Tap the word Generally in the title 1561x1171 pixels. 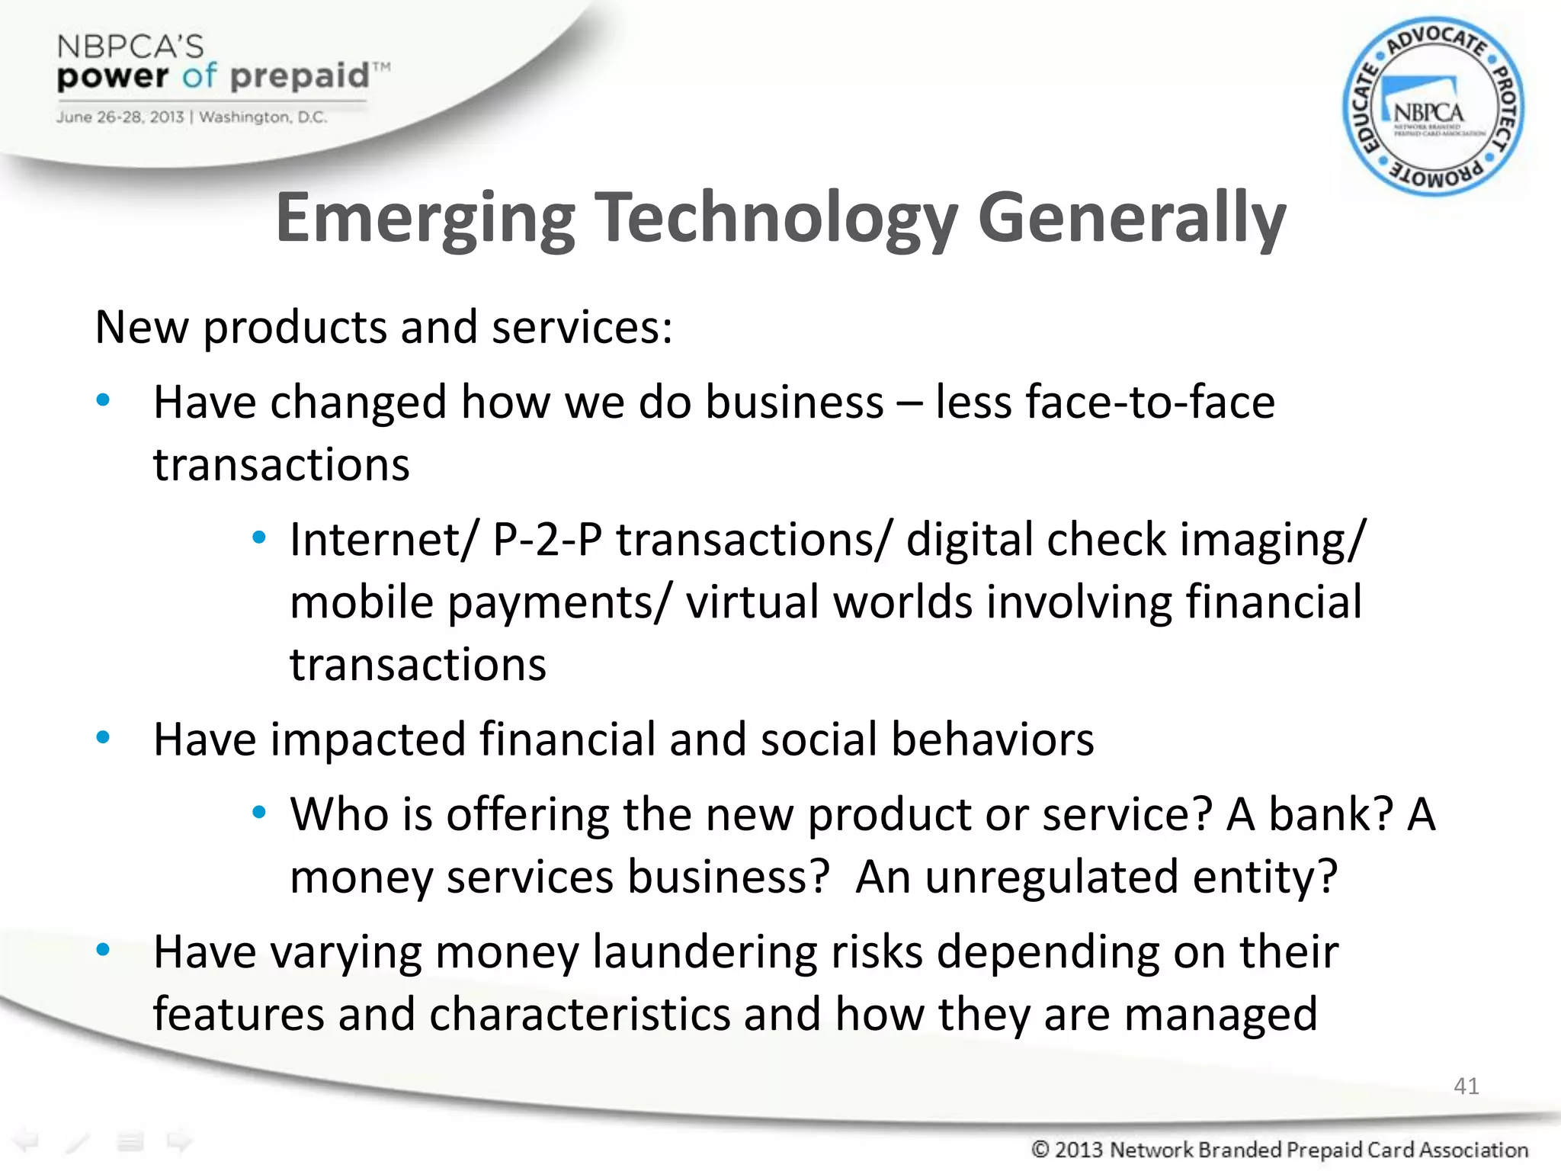(x=1131, y=218)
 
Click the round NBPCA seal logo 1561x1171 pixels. (x=1433, y=107)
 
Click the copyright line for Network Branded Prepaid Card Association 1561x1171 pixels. (x=1280, y=1149)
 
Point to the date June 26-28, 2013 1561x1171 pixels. (x=120, y=117)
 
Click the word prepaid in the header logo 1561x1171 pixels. (x=300, y=76)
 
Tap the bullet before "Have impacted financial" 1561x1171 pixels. (x=104, y=738)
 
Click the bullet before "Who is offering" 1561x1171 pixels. (x=259, y=813)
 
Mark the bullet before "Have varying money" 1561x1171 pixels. (x=104, y=951)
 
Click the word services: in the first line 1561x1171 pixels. (x=582, y=328)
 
